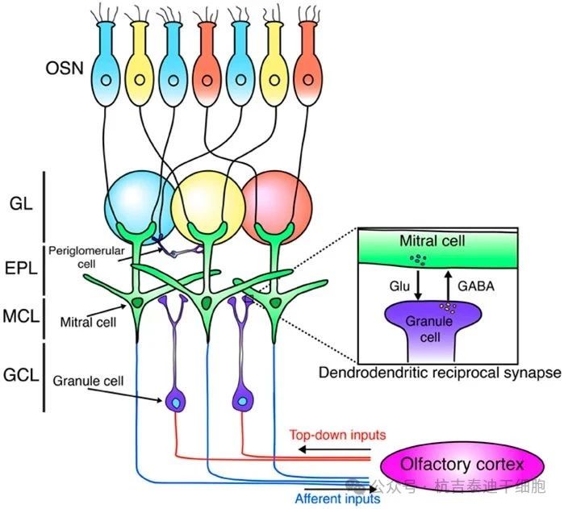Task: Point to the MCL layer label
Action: tap(24, 317)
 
